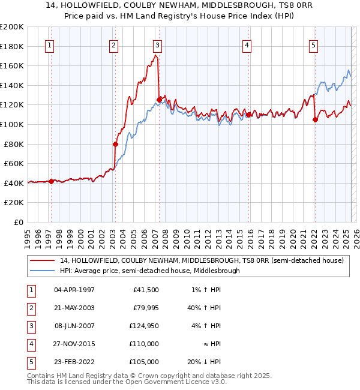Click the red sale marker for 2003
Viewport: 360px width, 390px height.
[115, 144]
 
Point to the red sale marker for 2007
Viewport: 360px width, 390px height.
[159, 100]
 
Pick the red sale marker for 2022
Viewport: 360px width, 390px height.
[315, 119]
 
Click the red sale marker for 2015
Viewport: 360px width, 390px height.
[248, 115]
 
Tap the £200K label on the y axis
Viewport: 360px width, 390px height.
[12, 26]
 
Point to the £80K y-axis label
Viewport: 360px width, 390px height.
[14, 143]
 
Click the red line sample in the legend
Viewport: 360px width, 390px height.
[43, 260]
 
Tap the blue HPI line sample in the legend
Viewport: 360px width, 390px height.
[43, 271]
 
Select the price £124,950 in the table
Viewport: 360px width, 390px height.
[142, 326]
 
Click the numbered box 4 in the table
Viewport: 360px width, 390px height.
[31, 344]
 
